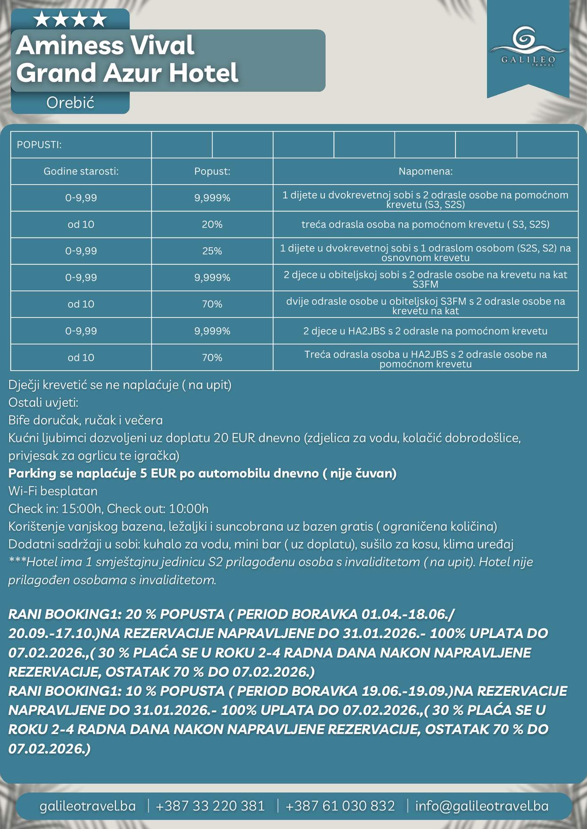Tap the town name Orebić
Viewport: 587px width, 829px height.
click(70, 103)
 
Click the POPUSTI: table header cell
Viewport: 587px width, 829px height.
click(39, 145)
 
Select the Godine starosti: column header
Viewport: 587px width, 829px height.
click(81, 171)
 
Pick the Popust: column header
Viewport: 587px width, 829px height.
click(212, 171)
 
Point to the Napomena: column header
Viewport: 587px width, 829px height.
click(425, 171)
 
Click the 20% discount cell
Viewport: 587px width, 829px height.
click(212, 225)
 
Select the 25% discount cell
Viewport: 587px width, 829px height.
click(212, 251)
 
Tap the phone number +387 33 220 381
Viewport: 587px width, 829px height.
click(210, 806)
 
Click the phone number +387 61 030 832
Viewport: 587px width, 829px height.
click(340, 806)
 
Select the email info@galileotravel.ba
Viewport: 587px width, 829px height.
click(481, 806)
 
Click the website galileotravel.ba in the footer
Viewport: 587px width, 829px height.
click(88, 806)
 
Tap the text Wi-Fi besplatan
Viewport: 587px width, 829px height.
click(53, 491)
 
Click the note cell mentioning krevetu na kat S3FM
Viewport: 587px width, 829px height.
click(425, 279)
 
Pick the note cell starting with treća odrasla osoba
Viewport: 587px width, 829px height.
click(425, 225)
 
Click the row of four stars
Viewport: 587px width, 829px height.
click(70, 19)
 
